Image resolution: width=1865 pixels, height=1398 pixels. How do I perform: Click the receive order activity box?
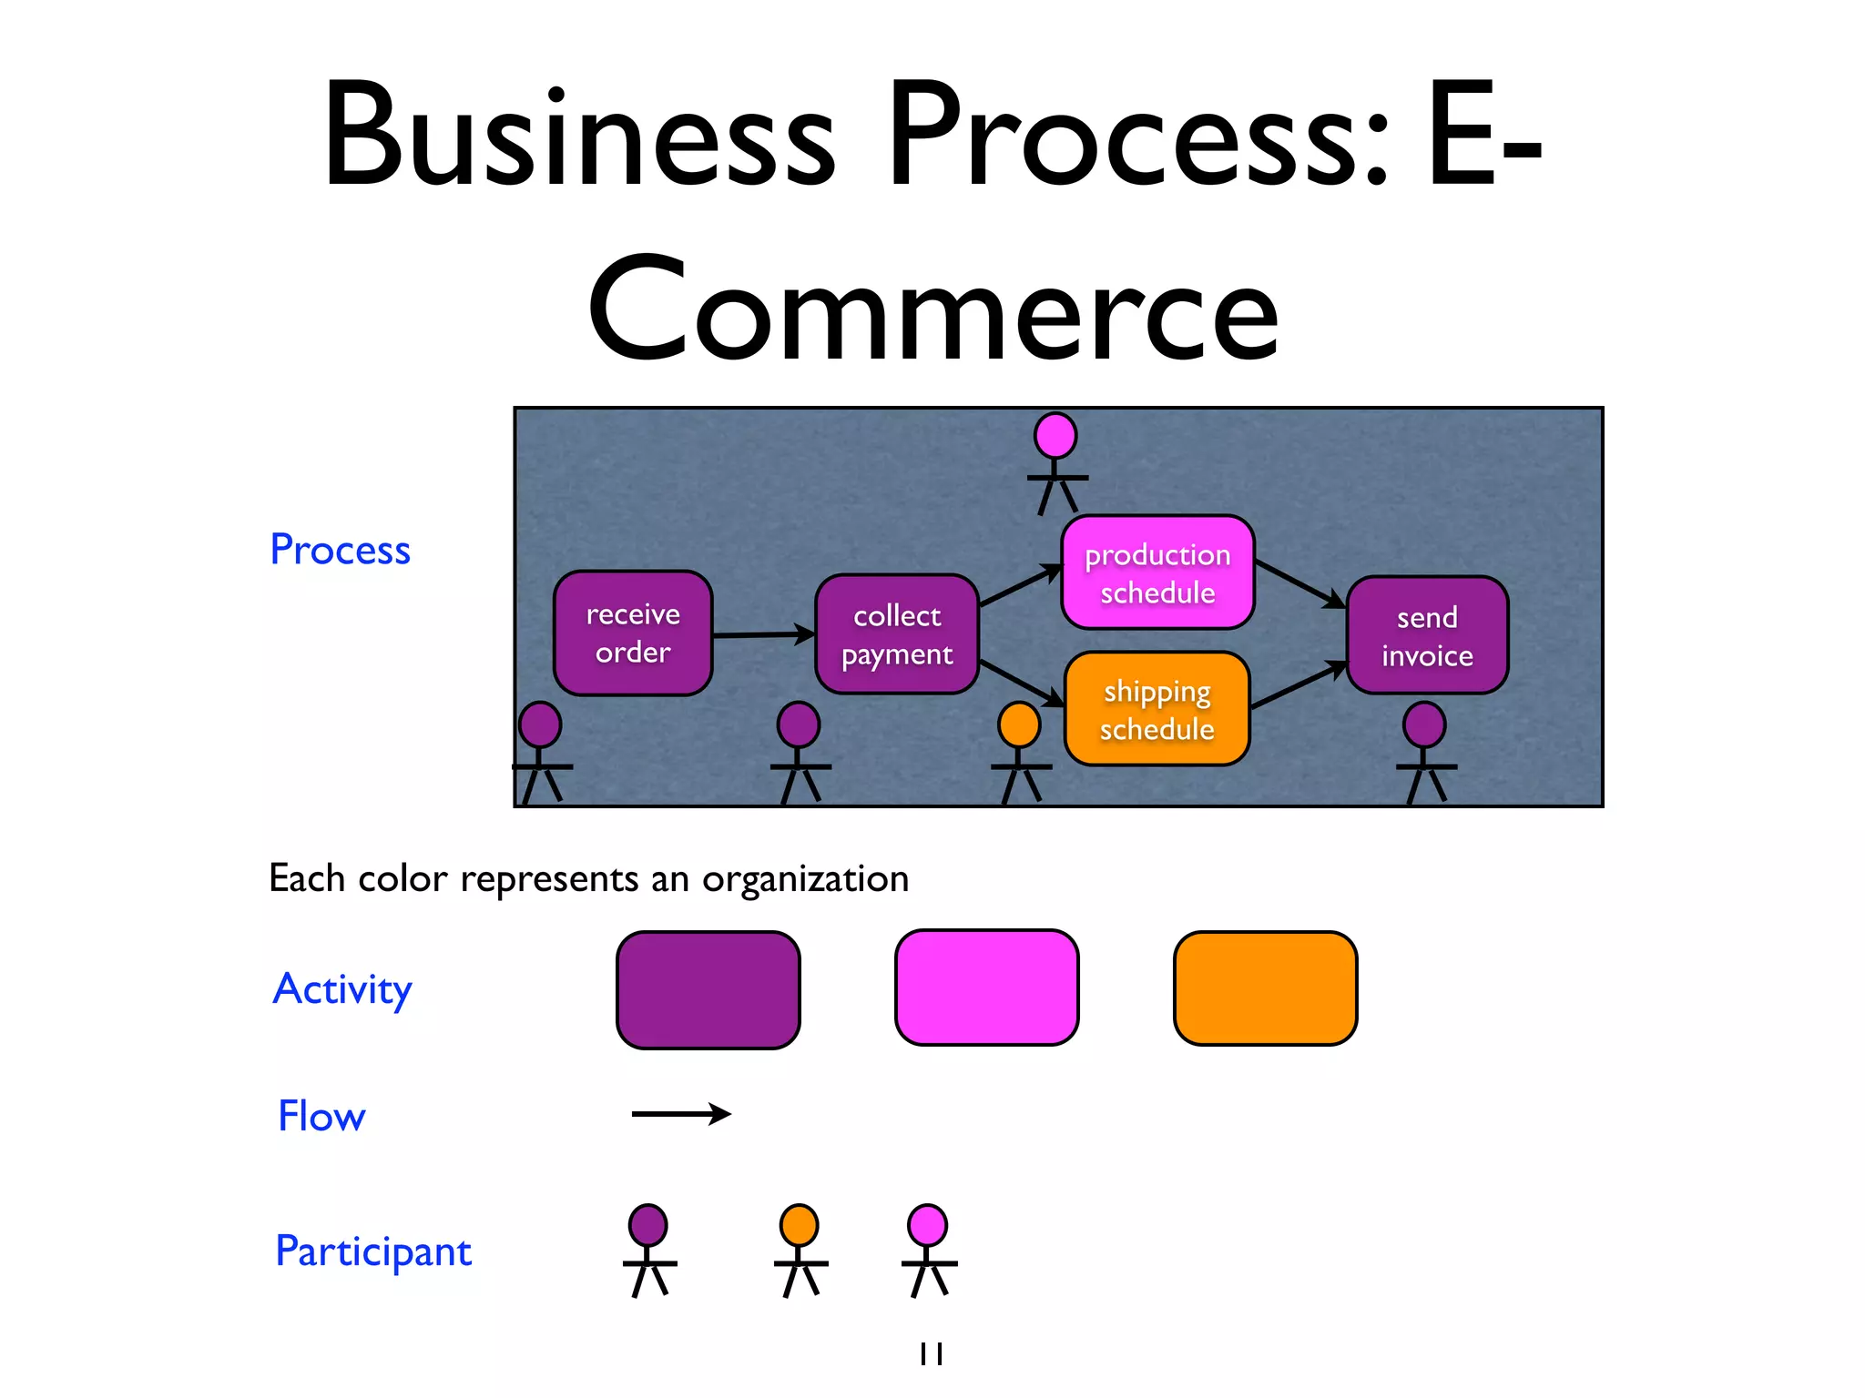click(633, 633)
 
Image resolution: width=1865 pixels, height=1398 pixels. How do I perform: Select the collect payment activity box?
click(897, 634)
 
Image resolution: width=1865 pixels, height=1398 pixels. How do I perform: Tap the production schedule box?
click(1157, 572)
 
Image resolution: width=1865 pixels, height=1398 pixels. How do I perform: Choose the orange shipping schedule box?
click(1157, 709)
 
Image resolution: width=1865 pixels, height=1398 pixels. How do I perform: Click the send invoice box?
click(1427, 635)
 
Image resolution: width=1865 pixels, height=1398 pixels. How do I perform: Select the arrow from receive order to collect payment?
click(763, 634)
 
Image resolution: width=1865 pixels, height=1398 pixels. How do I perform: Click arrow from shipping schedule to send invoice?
click(1298, 685)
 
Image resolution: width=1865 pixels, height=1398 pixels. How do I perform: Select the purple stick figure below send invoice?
click(1425, 751)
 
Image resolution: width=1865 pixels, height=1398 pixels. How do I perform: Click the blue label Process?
click(340, 550)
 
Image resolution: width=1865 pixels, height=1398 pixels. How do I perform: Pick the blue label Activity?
click(342, 988)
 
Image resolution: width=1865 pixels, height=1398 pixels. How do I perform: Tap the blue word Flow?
click(321, 1116)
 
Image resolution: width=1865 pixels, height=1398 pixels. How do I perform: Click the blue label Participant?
click(373, 1251)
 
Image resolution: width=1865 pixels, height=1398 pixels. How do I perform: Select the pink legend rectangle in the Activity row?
click(986, 988)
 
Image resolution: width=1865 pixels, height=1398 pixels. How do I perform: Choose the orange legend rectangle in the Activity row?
click(1265, 988)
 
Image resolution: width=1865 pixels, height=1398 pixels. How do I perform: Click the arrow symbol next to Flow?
click(681, 1114)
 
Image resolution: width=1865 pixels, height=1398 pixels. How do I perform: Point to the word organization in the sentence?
click(805, 879)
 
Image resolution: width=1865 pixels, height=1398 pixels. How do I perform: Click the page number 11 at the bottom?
click(932, 1354)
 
